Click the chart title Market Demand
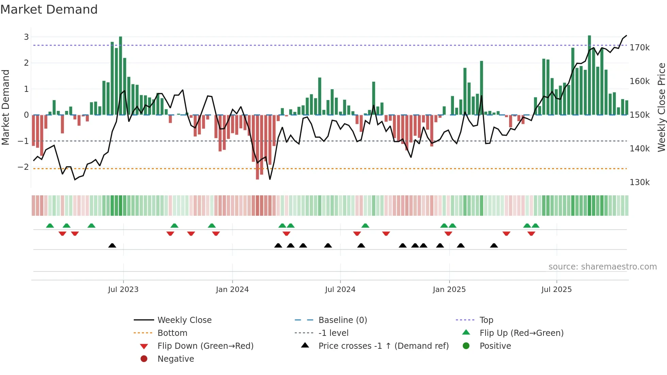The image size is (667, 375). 49,10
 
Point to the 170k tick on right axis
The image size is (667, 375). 639,48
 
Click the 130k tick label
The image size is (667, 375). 639,182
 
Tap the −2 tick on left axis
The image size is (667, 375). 23,167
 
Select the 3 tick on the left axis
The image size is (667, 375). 26,37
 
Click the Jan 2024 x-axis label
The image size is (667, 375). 232,290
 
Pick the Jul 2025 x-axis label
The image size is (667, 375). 556,290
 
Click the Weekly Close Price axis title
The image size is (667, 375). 661,107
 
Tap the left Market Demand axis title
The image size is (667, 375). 6,107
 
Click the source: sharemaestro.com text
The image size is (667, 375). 602,267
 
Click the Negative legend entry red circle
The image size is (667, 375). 144,359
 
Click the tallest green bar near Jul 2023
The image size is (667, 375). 120,75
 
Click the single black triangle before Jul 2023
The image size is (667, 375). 112,245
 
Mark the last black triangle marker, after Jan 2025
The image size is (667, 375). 494,245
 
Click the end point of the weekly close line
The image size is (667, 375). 626,35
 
